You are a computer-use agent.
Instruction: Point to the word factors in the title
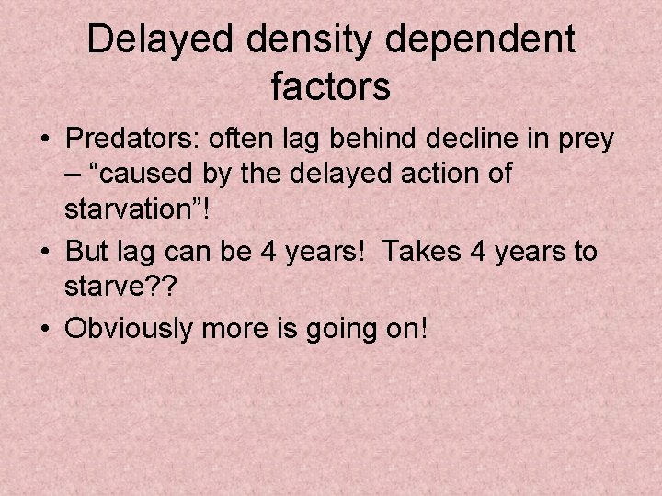pos(331,87)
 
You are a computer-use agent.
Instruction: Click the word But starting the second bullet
pos(88,251)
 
